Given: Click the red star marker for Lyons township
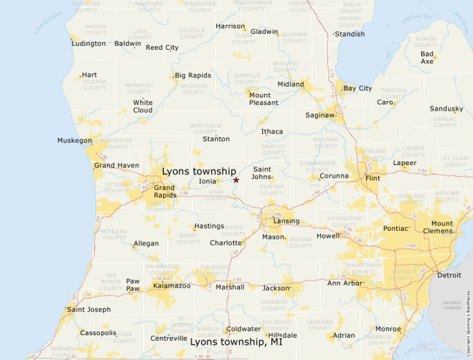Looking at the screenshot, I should click(x=236, y=180).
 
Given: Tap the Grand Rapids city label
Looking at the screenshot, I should click(x=165, y=191).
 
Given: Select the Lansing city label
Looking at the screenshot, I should click(x=286, y=221).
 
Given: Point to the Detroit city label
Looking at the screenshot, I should click(x=449, y=275).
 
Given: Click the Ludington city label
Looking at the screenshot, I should click(x=89, y=44).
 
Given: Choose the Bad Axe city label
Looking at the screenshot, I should click(x=427, y=57).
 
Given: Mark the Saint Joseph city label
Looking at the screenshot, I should click(x=89, y=310).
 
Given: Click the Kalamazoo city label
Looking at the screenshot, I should click(x=171, y=285).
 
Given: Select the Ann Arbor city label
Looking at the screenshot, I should click(x=345, y=283).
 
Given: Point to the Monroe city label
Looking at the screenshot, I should click(x=388, y=329).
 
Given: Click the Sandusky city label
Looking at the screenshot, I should click(x=446, y=109).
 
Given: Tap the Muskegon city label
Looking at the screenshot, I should click(x=75, y=141).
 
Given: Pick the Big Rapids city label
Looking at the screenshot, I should click(x=193, y=75).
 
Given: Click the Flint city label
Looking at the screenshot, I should click(x=373, y=178).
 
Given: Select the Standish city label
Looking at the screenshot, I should click(x=349, y=34).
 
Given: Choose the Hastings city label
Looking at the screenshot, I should click(x=209, y=226).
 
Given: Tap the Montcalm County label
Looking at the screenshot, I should click(x=205, y=129).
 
